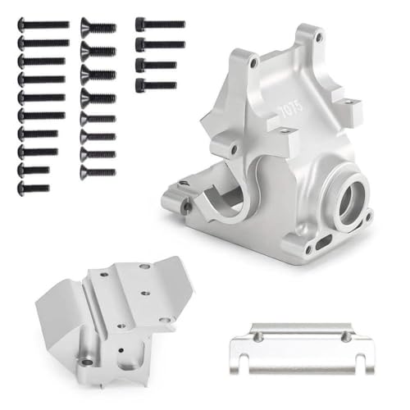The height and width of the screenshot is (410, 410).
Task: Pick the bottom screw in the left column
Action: [x=33, y=188]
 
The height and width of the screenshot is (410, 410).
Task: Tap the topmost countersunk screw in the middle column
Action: [x=98, y=27]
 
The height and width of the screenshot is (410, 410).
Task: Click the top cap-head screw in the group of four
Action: [x=160, y=25]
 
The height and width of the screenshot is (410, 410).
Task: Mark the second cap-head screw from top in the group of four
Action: [x=160, y=43]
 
